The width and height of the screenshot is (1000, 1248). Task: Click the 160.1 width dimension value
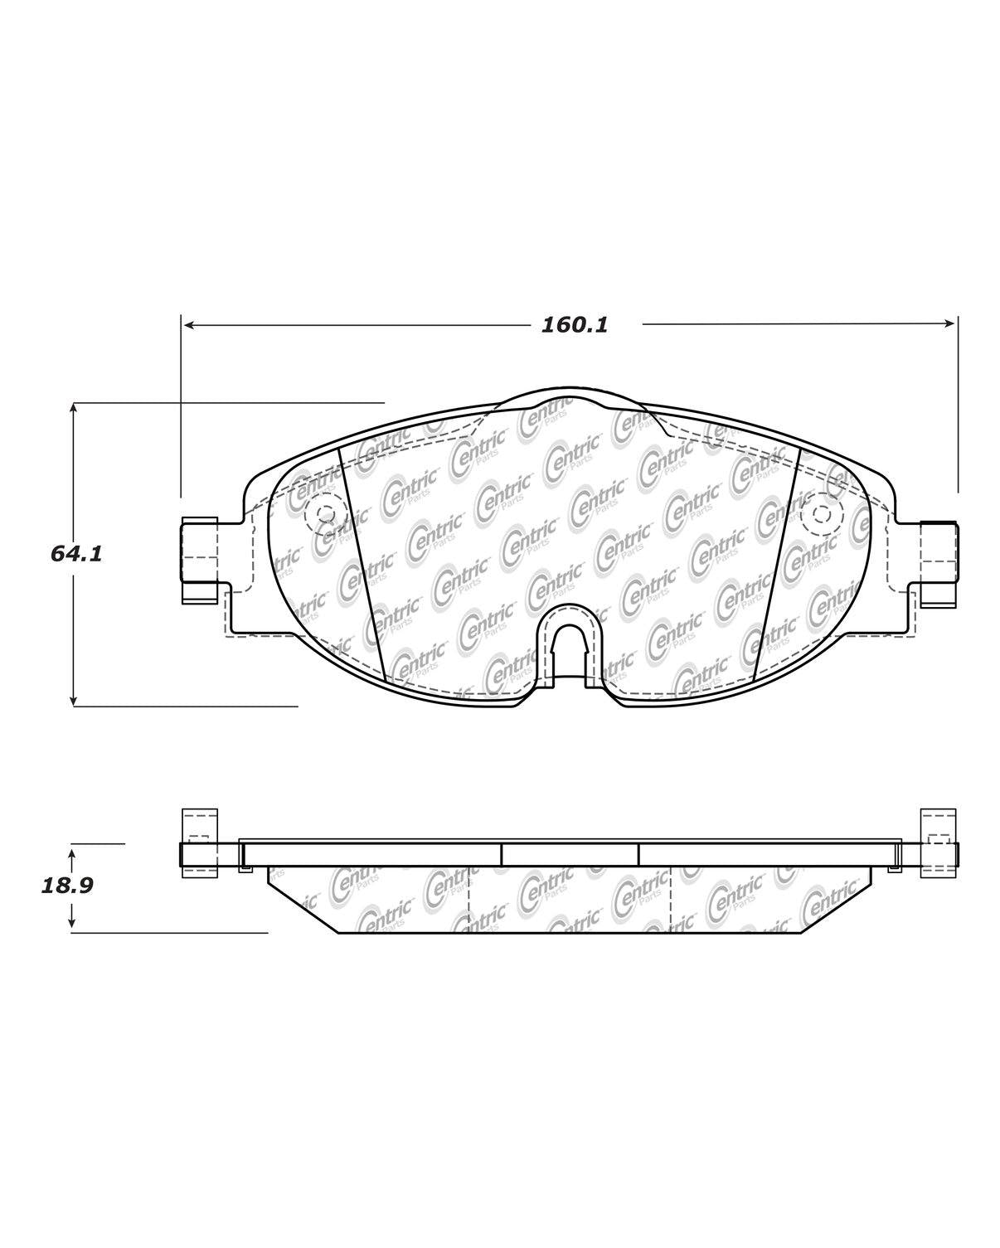point(575,325)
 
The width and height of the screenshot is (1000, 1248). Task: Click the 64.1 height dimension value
point(76,554)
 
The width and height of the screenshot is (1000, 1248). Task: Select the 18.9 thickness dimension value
point(67,886)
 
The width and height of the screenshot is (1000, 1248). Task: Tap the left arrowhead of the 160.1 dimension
point(187,325)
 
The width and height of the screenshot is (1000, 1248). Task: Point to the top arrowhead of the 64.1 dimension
point(74,409)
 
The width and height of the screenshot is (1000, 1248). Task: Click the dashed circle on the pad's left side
point(323,515)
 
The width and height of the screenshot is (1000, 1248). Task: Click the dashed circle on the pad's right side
point(821,515)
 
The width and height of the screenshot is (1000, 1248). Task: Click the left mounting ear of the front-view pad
point(199,560)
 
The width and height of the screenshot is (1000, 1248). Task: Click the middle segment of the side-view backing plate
point(570,854)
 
